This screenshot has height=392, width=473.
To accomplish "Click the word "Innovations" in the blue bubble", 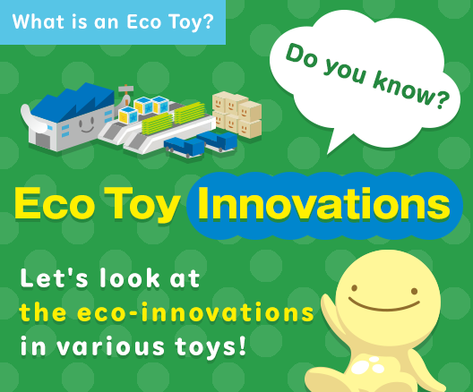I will click(323, 205).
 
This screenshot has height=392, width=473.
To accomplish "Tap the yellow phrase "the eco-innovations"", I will click(167, 313).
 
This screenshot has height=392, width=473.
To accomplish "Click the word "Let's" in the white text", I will click(53, 279).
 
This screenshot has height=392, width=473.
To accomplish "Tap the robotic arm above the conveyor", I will click(125, 94).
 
